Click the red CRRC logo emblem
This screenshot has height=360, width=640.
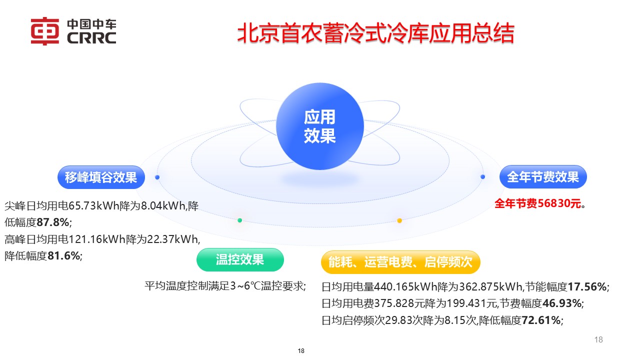[x=45, y=31]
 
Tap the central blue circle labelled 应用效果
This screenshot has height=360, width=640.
[x=319, y=127]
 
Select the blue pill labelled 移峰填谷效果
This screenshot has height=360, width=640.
[x=101, y=177]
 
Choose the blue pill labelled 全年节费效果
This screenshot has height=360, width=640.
[x=542, y=176]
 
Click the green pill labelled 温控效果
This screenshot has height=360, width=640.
[x=240, y=259]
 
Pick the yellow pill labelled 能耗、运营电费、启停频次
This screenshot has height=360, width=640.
[x=400, y=262]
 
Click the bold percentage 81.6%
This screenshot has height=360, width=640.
[x=64, y=255]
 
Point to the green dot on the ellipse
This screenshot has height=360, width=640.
[x=240, y=220]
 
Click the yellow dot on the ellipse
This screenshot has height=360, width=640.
[x=399, y=220]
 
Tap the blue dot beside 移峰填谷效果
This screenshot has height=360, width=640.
[x=157, y=177]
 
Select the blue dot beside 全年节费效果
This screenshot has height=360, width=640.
[x=482, y=176]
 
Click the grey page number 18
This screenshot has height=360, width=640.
[x=598, y=340]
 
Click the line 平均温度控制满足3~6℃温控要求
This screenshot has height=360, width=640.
[x=225, y=286]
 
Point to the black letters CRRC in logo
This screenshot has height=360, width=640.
[x=91, y=38]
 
